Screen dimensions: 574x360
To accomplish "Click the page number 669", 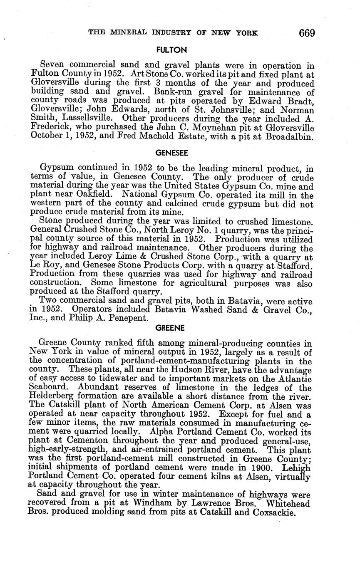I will coord(306,33).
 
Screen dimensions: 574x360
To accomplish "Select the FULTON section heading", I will coord(171,50).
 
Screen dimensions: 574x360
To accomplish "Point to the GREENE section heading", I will coord(170,328).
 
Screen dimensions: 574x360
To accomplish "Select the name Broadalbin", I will coord(288,136).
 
